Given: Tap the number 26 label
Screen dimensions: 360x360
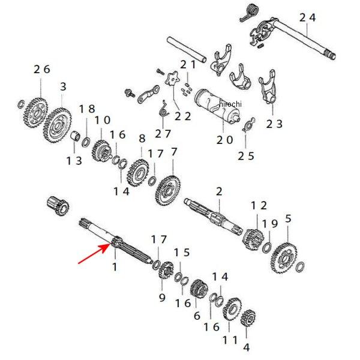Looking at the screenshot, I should [42, 69].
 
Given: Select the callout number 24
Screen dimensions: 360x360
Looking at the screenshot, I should [307, 18].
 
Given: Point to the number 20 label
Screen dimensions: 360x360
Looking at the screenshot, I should [224, 139].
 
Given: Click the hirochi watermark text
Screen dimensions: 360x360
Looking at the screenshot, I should [230, 104].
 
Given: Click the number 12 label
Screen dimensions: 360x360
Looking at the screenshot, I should [259, 206].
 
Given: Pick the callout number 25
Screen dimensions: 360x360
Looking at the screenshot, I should [246, 156].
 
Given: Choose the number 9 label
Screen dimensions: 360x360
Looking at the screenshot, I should [161, 298].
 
